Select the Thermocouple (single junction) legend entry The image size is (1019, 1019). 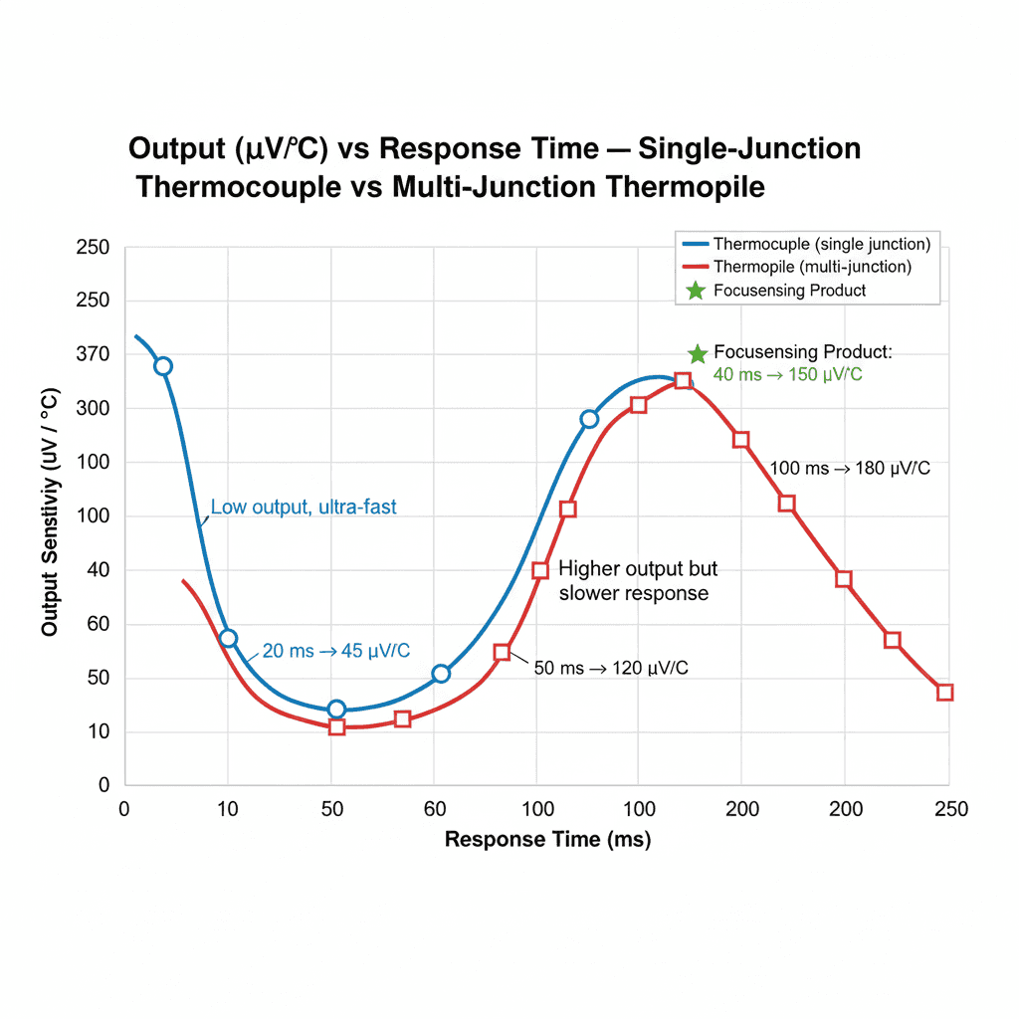tap(822, 244)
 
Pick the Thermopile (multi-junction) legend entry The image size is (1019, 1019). tap(812, 267)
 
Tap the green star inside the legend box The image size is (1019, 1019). tap(695, 291)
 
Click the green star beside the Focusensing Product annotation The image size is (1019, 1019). tap(698, 354)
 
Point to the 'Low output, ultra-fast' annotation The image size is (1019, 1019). tap(304, 508)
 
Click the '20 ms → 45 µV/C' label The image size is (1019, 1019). tap(335, 651)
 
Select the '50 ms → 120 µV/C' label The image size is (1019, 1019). tap(611, 668)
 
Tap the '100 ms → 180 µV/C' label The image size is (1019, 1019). tap(850, 469)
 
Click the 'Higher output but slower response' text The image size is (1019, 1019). tap(637, 581)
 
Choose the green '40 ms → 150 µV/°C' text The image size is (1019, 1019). tap(787, 375)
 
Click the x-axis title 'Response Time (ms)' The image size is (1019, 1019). tap(547, 840)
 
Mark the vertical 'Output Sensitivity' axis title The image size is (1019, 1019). tap(50, 512)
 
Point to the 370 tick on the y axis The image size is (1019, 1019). tap(93, 354)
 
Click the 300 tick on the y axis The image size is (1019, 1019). tap(93, 408)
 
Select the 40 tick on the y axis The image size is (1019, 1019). tap(97, 570)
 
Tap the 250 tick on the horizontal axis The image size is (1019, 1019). tap(950, 809)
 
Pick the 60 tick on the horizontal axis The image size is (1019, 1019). tap(434, 809)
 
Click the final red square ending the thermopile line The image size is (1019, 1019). tap(944, 693)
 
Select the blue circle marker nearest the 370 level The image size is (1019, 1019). tap(163, 366)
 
